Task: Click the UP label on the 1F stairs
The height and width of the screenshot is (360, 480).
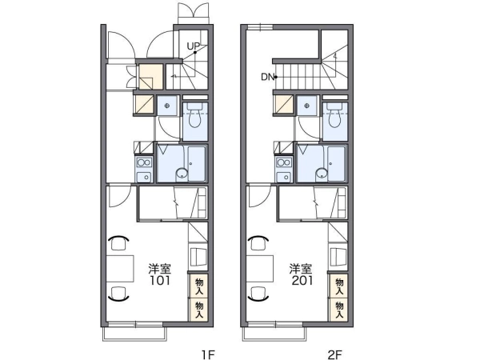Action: [193, 46]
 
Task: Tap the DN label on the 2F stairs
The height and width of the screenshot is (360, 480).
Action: [267, 77]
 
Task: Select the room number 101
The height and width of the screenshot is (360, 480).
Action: [159, 281]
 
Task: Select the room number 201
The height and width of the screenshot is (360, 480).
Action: [302, 281]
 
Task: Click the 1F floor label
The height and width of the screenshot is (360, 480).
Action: [208, 354]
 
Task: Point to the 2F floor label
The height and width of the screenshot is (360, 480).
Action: [334, 354]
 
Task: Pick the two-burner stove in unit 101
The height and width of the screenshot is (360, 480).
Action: [144, 162]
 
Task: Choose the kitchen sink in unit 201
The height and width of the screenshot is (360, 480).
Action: [284, 177]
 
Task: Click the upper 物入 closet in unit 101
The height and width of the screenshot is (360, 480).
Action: [199, 286]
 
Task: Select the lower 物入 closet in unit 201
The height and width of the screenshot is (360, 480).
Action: [339, 310]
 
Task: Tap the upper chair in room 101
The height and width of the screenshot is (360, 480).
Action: [118, 243]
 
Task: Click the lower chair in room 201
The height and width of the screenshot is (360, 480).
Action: [258, 294]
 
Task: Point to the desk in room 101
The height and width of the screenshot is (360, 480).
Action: [120, 269]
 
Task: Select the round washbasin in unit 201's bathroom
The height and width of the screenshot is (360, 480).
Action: [322, 174]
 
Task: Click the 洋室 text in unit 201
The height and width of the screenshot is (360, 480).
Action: [302, 269]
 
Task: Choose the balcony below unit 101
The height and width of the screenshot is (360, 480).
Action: [135, 334]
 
